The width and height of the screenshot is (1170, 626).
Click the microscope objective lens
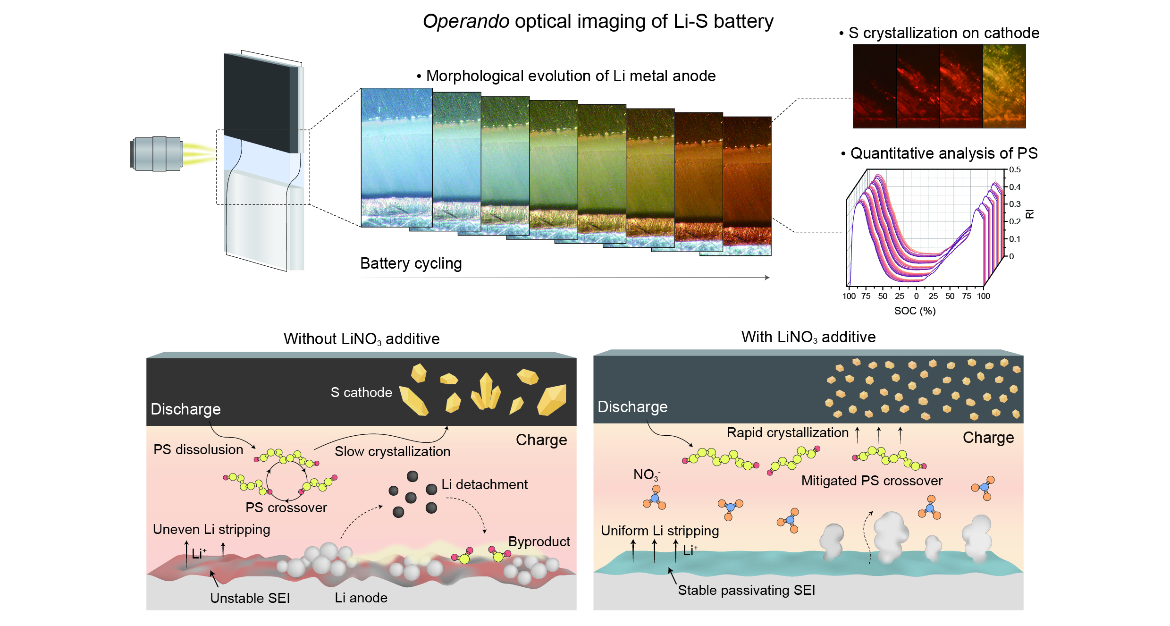coord(156,154)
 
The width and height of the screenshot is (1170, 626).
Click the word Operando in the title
coord(465,22)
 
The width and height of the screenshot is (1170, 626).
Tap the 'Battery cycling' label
coord(411,263)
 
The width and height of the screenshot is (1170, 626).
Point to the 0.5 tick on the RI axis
coord(1014,170)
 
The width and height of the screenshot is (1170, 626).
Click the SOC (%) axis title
coord(915,311)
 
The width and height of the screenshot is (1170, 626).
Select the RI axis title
coord(1030,214)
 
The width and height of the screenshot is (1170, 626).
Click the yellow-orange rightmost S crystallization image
coord(1004,86)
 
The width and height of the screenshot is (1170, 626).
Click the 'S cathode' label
coord(361,392)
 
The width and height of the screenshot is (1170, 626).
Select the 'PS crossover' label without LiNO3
coord(286,508)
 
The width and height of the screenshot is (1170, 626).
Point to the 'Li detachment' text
coord(484,484)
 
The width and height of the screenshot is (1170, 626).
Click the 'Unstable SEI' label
coord(250,598)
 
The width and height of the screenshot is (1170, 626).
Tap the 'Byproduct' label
coord(539,541)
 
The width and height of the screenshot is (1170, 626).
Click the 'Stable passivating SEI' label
coord(746,590)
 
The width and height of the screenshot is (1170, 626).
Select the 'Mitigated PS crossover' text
coord(872,481)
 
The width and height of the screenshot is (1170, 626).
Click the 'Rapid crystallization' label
coord(787,432)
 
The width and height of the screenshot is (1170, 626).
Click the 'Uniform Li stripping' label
coord(659,531)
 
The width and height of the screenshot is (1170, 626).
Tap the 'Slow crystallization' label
coord(392,451)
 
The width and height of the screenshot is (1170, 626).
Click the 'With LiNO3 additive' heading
coord(808,337)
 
